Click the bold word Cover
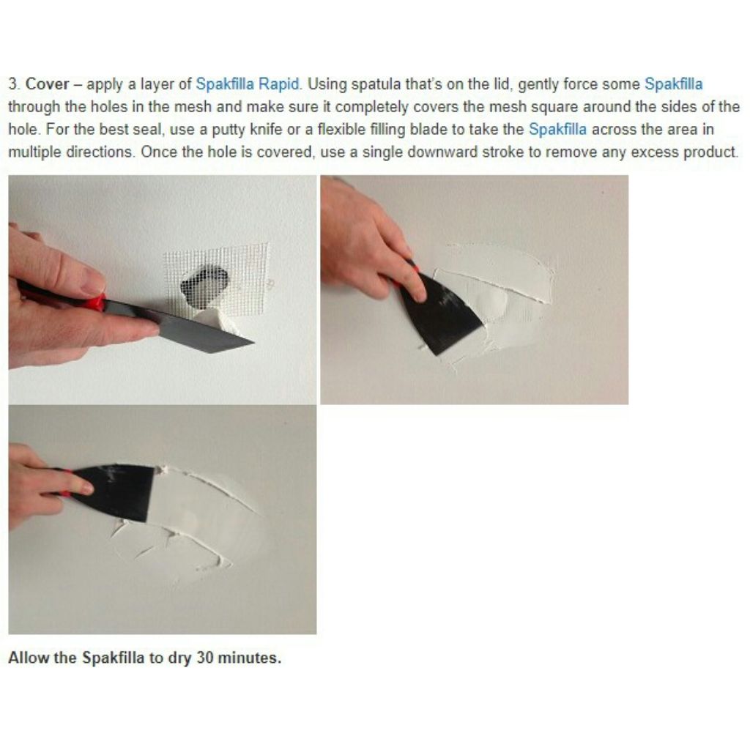[x=47, y=84]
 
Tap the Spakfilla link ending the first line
[x=674, y=84]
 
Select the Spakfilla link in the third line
[x=557, y=130]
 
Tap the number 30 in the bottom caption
[x=205, y=658]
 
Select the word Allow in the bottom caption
[x=29, y=658]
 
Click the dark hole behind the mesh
[x=204, y=286]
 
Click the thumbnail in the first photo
[x=92, y=280]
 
